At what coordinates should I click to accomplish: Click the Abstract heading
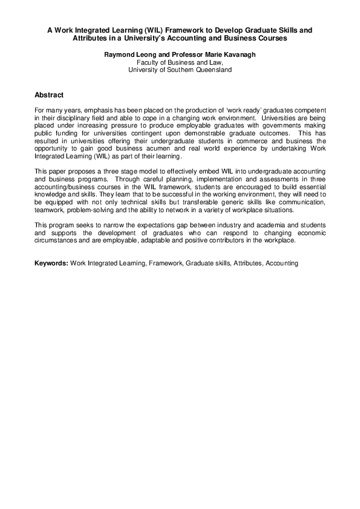(49, 95)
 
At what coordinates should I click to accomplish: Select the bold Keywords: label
(51, 264)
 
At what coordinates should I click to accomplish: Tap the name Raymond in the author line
(119, 54)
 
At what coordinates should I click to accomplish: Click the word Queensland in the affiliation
(212, 70)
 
